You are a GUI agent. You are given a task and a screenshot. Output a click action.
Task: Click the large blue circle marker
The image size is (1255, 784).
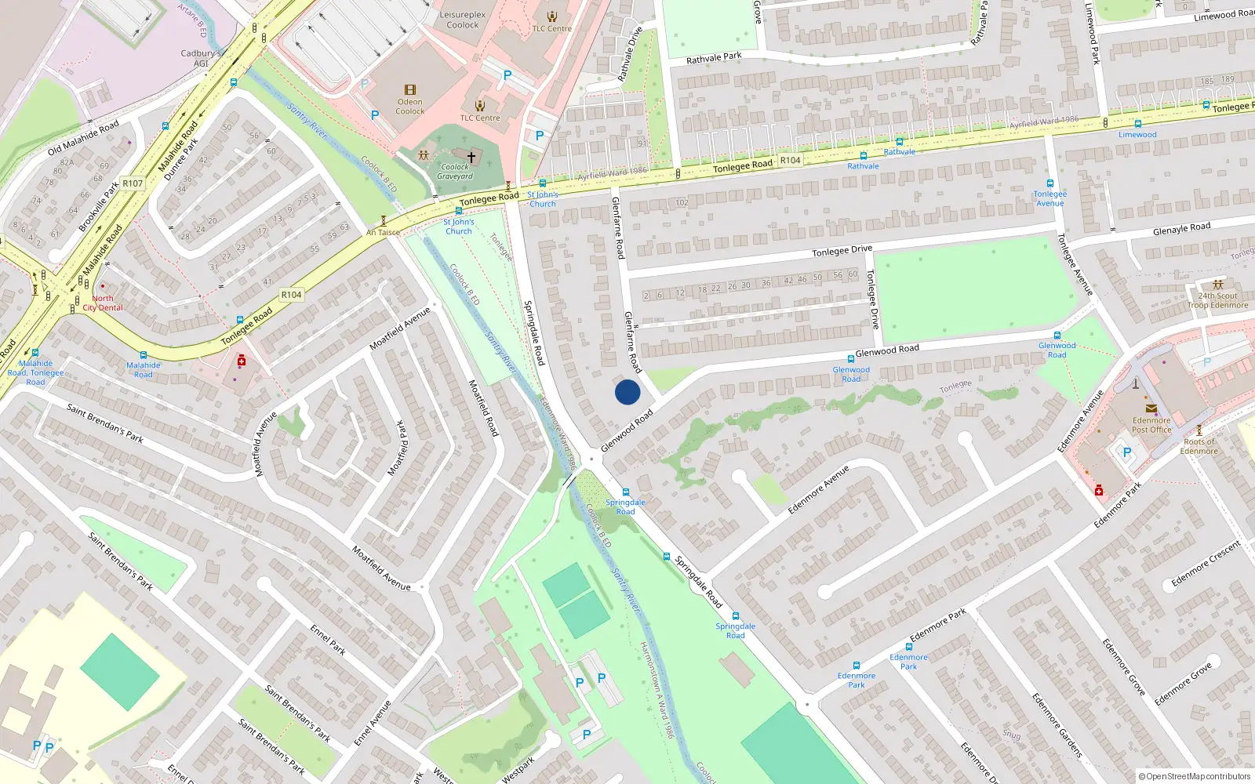pyautogui.click(x=627, y=392)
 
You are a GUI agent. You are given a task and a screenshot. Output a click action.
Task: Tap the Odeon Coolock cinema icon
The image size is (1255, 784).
pyautogui.click(x=409, y=90)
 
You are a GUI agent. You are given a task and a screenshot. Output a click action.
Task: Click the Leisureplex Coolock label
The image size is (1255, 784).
pyautogui.click(x=462, y=20)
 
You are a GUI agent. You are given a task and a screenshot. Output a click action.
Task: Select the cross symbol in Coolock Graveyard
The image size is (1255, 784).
pyautogui.click(x=471, y=158)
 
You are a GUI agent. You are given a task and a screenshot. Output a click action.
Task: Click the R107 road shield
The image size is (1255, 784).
pyautogui.click(x=133, y=183)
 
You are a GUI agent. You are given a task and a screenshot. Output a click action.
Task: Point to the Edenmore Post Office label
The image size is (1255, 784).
pyautogui.click(x=1151, y=425)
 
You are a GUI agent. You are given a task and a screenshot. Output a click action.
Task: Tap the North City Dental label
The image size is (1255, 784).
pyautogui.click(x=103, y=303)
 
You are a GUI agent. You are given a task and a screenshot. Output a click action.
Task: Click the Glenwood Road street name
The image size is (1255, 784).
pyautogui.click(x=886, y=350)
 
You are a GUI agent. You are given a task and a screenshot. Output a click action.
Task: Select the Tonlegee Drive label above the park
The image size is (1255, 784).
pyautogui.click(x=842, y=251)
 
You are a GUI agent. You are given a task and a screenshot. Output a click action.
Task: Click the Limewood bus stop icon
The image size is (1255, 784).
pyautogui.click(x=1137, y=124)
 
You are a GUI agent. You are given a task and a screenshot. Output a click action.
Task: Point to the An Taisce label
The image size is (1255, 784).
pyautogui.click(x=383, y=233)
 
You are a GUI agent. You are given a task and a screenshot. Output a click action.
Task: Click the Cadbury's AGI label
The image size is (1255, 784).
pyautogui.click(x=201, y=59)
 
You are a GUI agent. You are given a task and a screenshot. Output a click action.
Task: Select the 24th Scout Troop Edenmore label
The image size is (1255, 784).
pyautogui.click(x=1217, y=301)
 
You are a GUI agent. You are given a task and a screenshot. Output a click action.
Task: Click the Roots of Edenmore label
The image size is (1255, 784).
pyautogui.click(x=1199, y=446)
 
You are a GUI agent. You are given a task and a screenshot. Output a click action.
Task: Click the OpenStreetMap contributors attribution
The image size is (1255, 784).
pyautogui.click(x=1195, y=776)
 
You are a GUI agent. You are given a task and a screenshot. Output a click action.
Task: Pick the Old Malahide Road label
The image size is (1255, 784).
pyautogui.click(x=83, y=138)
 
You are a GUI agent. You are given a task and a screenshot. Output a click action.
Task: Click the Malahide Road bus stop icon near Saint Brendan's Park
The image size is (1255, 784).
pyautogui.click(x=143, y=355)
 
